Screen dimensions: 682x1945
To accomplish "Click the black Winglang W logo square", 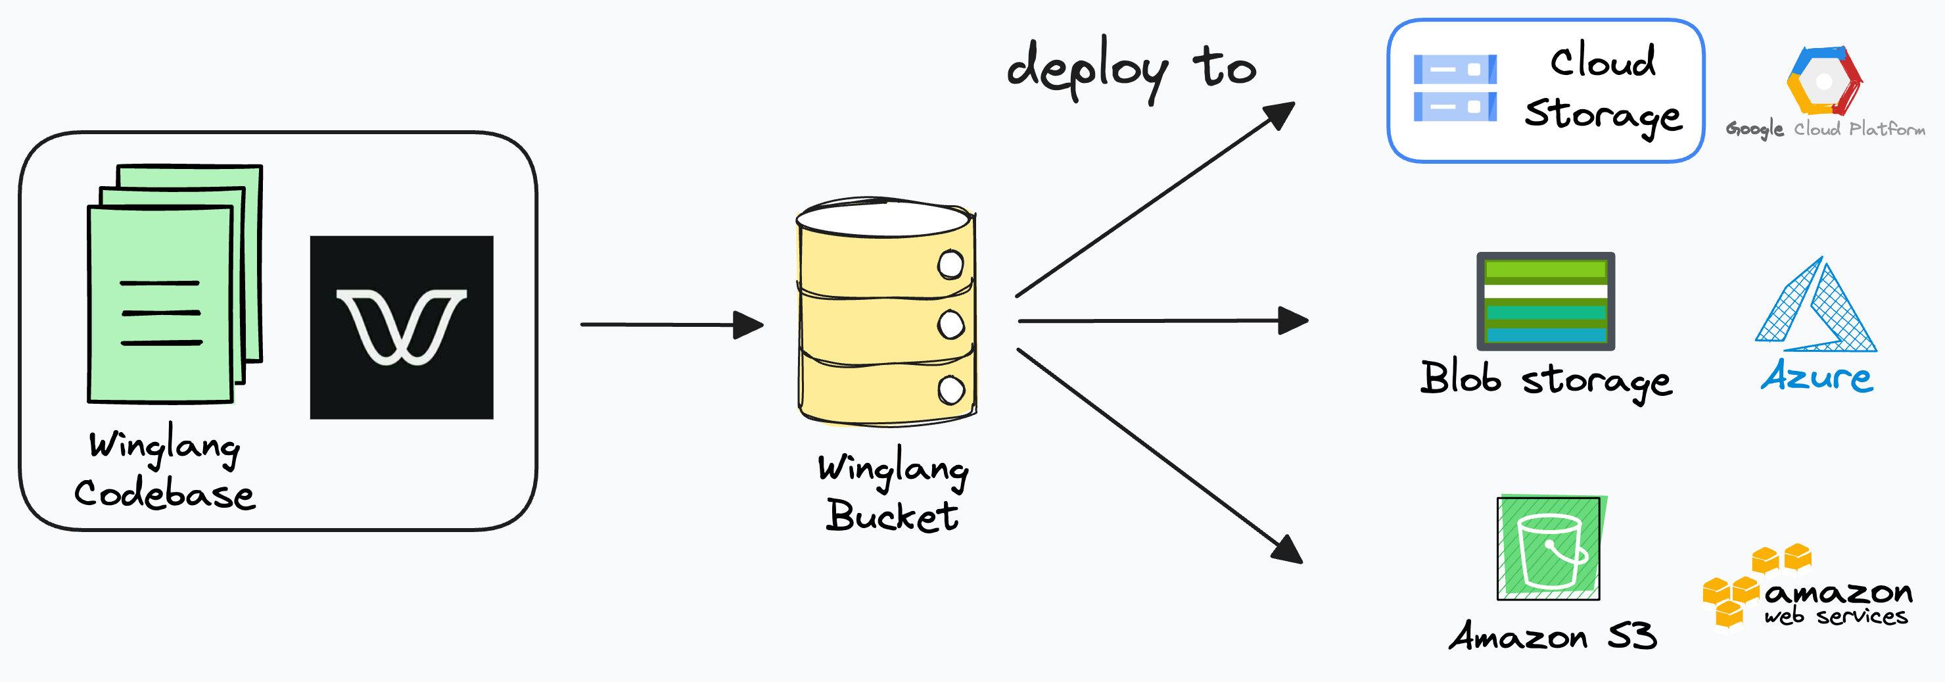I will click(401, 327).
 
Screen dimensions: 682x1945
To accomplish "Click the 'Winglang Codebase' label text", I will click(164, 470).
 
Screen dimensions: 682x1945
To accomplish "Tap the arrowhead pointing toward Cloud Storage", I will click(1279, 115).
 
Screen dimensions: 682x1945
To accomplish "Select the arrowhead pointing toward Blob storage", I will click(1293, 320).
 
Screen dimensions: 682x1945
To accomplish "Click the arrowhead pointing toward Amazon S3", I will click(1286, 549).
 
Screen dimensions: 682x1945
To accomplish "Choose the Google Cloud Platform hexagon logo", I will click(1824, 81).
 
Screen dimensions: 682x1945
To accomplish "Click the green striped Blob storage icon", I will click(1545, 301).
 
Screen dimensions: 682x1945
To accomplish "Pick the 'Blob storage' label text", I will click(1545, 379).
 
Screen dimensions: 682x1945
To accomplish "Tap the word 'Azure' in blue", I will click(1817, 376).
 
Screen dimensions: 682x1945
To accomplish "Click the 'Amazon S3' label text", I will click(1553, 636).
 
